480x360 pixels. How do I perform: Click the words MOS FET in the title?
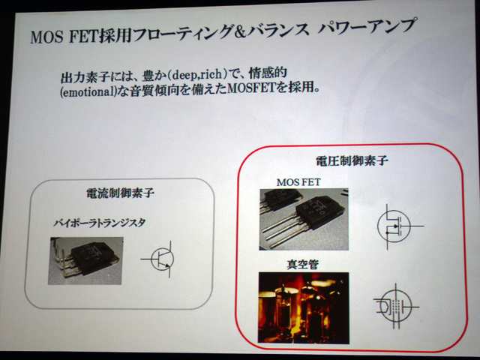pos(64,37)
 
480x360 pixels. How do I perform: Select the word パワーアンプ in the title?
pos(367,26)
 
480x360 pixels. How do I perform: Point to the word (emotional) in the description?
pos(88,91)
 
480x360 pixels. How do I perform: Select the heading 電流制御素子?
pos(120,193)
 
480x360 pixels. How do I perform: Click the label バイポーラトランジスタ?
pos(99,223)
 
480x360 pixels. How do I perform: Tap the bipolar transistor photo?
pos(85,261)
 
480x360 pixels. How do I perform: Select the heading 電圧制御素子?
pos(352,160)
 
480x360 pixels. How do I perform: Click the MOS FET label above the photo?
pos(298,182)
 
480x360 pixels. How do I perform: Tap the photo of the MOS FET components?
pos(304,219)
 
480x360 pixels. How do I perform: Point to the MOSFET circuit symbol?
pos(398,226)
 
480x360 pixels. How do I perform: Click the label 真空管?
pos(302,265)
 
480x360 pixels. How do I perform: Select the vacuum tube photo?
pos(304,307)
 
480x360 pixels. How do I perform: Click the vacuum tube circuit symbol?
pos(395,306)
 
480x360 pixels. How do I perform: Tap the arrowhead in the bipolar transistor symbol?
pos(166,266)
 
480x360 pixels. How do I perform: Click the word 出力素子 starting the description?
pos(85,76)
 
